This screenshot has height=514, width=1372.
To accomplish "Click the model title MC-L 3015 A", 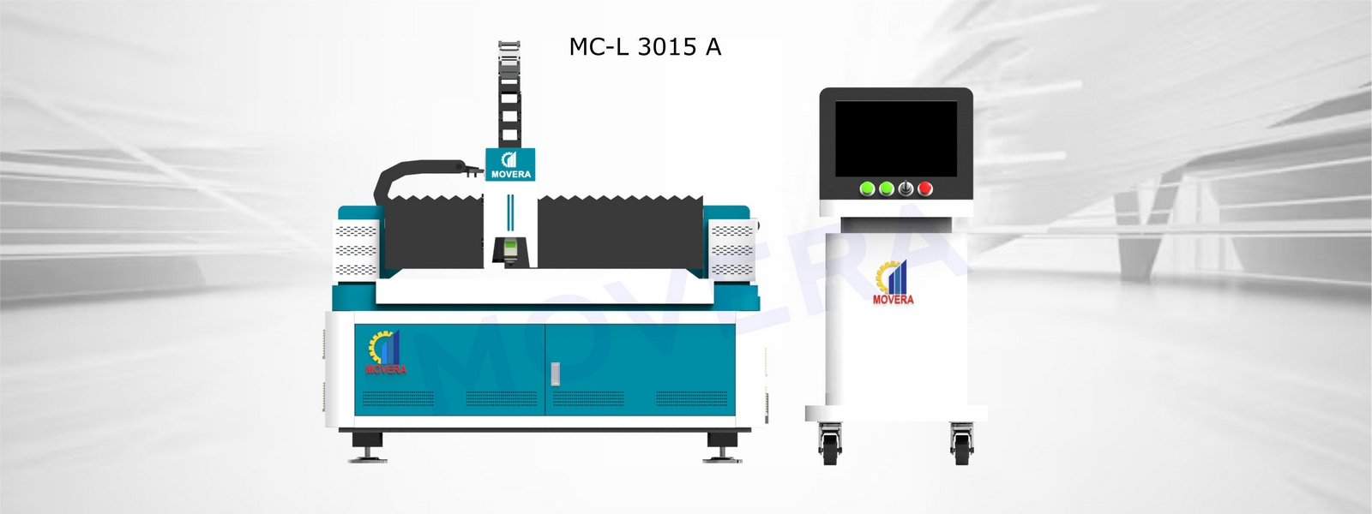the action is click(x=645, y=47).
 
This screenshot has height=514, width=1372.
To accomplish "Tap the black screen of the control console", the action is click(x=895, y=139).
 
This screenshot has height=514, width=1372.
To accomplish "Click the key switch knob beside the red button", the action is click(x=906, y=188).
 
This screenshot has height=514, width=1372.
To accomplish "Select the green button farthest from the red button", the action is click(x=867, y=188).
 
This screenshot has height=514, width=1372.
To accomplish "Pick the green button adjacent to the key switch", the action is click(x=887, y=188).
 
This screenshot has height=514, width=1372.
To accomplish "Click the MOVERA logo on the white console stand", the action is click(x=893, y=282).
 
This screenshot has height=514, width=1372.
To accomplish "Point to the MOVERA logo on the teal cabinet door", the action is click(x=385, y=352).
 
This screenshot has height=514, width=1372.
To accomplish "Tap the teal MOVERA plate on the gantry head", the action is click(x=510, y=164).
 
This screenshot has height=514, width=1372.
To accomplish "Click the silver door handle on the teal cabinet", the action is click(x=555, y=374).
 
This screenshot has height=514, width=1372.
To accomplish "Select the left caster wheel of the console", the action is click(x=830, y=445).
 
